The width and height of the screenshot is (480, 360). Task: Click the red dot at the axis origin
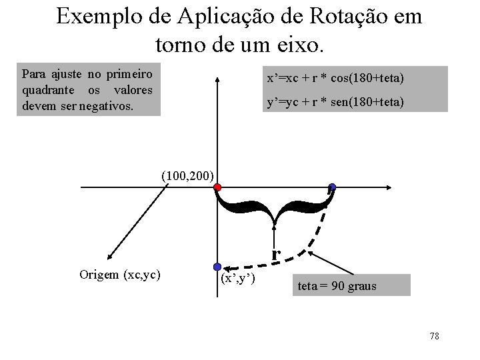[217, 188]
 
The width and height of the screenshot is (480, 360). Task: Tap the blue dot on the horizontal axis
[332, 187]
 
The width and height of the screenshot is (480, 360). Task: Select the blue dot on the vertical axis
[217, 267]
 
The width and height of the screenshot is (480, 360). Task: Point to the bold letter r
[276, 252]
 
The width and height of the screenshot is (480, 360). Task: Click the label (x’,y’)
[237, 277]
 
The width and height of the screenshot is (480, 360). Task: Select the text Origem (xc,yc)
[119, 274]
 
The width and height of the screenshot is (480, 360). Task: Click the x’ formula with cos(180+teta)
[335, 79]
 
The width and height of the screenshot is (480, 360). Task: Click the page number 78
[434, 336]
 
